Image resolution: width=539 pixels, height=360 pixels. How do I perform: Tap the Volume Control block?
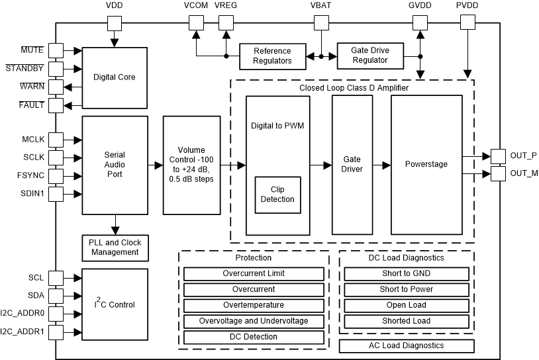click(x=191, y=165)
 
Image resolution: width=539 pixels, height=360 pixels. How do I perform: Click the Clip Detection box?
click(x=277, y=194)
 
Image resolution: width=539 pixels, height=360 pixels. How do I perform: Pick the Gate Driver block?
click(x=351, y=165)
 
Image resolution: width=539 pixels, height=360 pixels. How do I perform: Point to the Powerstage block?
click(x=426, y=165)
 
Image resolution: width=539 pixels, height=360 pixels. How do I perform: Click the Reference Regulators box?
click(x=272, y=56)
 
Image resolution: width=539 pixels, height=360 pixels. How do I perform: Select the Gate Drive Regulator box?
click(x=371, y=56)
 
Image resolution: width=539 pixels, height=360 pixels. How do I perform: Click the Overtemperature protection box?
click(x=254, y=305)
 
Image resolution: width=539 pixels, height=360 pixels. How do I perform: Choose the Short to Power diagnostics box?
click(x=407, y=289)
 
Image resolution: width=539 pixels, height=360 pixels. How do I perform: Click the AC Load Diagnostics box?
click(x=407, y=345)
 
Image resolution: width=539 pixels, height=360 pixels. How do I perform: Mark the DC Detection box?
click(x=254, y=337)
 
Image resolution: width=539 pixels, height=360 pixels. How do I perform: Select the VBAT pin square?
click(x=321, y=22)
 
